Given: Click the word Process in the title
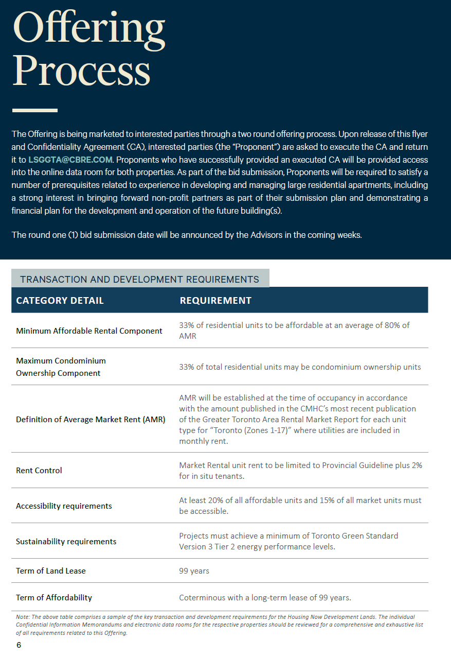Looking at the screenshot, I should (81, 71).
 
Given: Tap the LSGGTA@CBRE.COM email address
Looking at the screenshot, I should (70, 160).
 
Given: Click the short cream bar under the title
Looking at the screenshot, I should (34, 110).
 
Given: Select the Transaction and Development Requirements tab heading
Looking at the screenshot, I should (139, 279).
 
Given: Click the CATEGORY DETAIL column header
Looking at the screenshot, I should (60, 300).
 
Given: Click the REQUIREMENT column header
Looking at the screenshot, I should (215, 300).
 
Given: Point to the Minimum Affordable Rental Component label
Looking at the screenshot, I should (89, 331).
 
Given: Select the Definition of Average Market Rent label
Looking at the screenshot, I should (91, 419).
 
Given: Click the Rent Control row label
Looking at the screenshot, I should (39, 470).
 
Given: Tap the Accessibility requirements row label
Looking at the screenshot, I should (64, 506).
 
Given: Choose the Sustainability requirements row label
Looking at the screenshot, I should (66, 541).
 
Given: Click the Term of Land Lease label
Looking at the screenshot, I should (51, 570).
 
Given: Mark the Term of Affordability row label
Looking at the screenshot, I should (54, 597).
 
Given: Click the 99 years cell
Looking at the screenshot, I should (194, 570).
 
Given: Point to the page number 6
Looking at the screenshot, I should (19, 645).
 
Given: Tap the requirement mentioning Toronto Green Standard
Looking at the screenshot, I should (288, 541).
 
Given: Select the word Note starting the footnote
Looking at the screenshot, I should (23, 616).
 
